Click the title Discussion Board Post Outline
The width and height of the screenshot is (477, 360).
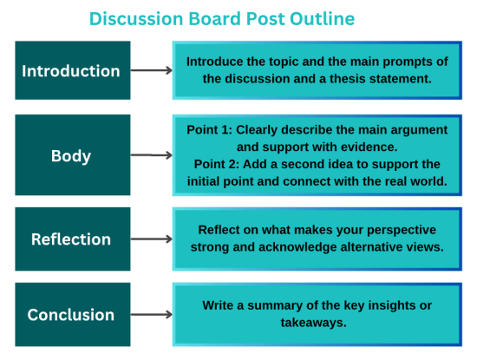[x=221, y=18]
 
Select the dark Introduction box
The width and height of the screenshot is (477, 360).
[x=72, y=70]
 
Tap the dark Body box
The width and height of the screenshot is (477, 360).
[x=72, y=156]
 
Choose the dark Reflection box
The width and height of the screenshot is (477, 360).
[x=72, y=239]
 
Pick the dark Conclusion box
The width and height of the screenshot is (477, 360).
[x=72, y=314]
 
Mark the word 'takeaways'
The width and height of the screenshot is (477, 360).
[x=317, y=322]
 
